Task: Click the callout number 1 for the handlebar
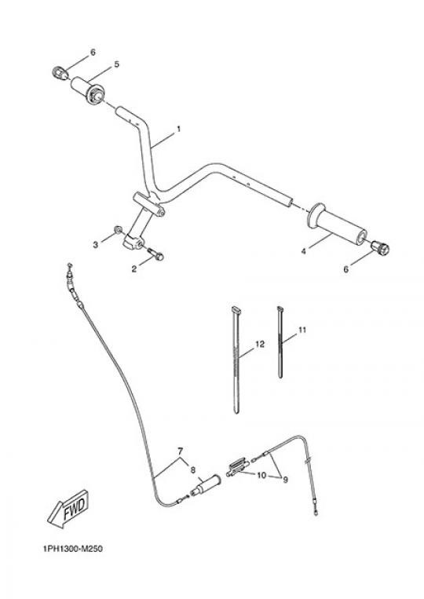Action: (x=178, y=130)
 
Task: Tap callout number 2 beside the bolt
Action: (x=133, y=269)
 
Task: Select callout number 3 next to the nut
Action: (x=96, y=244)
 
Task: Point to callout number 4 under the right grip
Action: (x=303, y=251)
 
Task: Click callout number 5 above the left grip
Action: (x=117, y=64)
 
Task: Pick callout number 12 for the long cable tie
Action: (x=259, y=344)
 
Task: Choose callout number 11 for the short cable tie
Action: (x=302, y=330)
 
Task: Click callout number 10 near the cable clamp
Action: (x=261, y=476)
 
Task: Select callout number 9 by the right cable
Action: (x=285, y=480)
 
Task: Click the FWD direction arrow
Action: (x=69, y=509)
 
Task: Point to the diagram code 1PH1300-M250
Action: (x=73, y=549)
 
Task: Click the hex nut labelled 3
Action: (x=118, y=229)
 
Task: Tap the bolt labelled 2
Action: (x=155, y=254)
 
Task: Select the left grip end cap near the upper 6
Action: (x=57, y=72)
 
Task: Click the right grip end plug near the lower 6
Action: (x=380, y=247)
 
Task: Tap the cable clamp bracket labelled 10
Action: (x=237, y=467)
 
